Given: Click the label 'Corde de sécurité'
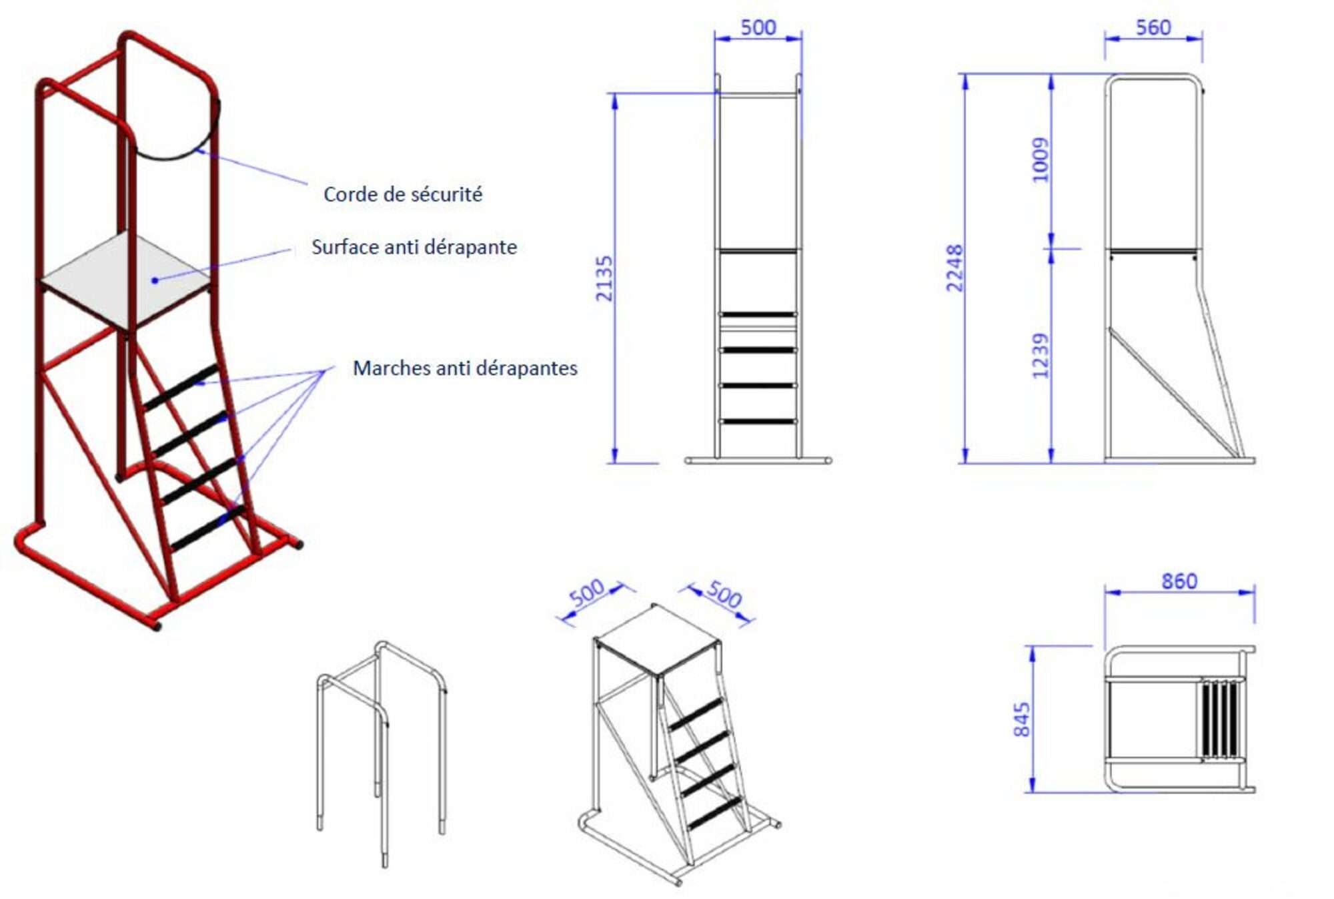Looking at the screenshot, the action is point(403,194).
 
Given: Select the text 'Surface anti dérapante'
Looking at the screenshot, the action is point(414,247).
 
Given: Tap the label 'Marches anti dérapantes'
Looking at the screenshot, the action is point(465,368).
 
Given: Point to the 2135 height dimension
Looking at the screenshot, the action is point(604,278).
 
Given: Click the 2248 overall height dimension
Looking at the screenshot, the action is point(954,268).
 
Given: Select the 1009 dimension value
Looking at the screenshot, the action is point(1040,160).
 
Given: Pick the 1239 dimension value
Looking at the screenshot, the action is point(1040,356).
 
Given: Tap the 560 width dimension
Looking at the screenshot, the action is point(1153,27).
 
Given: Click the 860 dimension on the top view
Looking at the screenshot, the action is point(1179,581).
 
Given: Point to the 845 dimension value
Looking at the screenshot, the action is point(1021,719).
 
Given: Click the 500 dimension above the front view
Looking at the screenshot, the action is point(758,27).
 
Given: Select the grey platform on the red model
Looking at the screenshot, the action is point(125,280).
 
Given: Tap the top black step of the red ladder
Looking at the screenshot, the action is point(180,388).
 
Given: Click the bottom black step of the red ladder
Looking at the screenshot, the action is point(207,529).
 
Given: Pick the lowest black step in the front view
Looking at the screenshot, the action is point(758,421).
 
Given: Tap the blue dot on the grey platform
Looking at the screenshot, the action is point(155,280).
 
